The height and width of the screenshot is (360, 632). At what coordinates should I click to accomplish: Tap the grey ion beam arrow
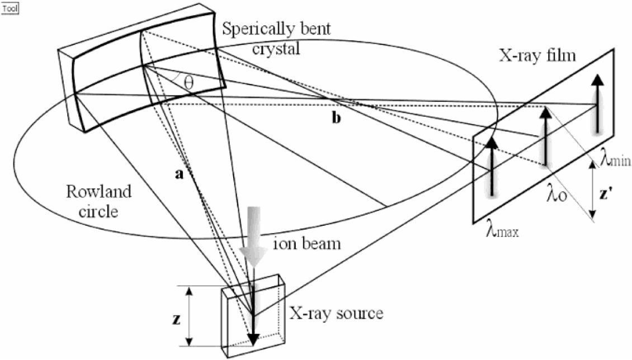[252, 235]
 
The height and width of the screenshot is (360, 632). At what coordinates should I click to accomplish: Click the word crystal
[275, 49]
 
